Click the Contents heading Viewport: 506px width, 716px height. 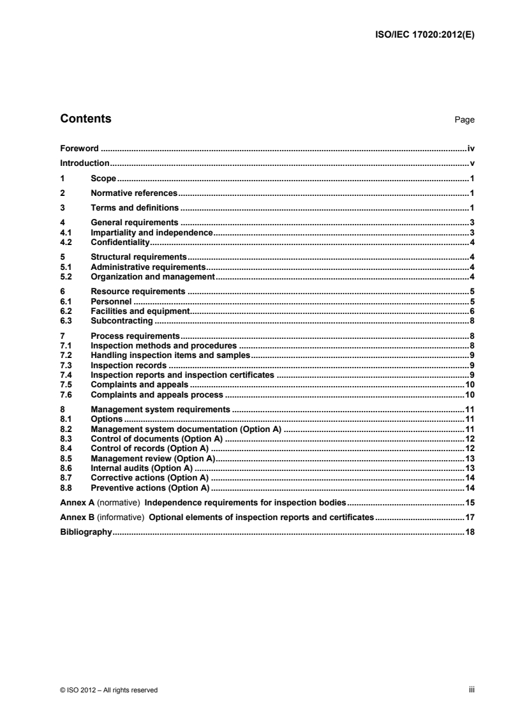click(x=85, y=119)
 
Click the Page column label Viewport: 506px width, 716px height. click(x=464, y=120)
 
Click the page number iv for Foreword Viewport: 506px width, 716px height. click(x=471, y=148)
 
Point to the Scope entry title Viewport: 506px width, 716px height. click(x=103, y=178)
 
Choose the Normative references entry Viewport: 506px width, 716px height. click(x=133, y=193)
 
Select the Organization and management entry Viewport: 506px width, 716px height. click(x=153, y=277)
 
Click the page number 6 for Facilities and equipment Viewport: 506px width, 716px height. click(x=472, y=311)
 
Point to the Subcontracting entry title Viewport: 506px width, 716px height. click(x=122, y=320)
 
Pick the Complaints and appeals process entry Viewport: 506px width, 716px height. click(x=157, y=395)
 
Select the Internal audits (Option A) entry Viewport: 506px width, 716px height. click(x=142, y=468)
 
